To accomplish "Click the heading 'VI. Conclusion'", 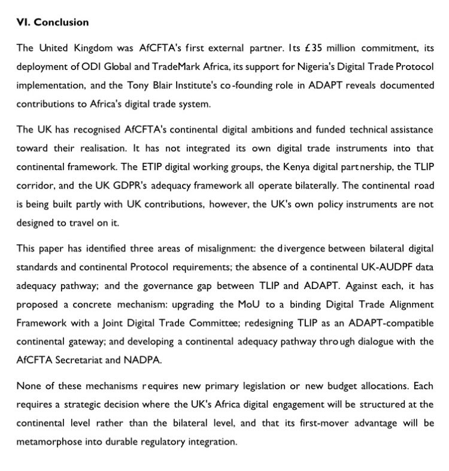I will (53, 23).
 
